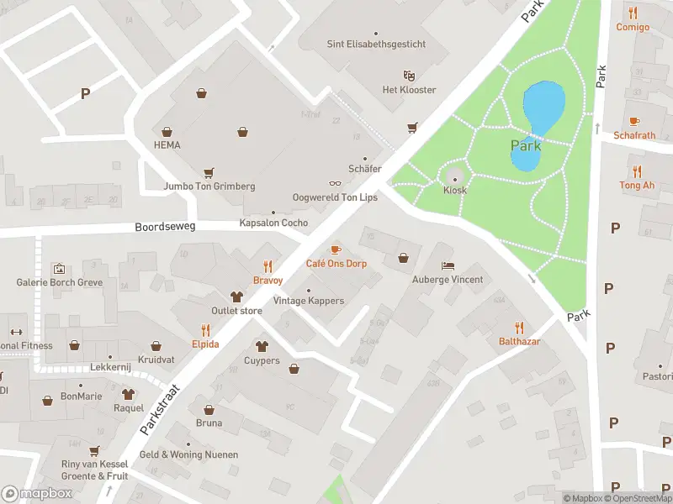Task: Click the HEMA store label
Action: click(167, 144)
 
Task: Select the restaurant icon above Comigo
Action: click(633, 13)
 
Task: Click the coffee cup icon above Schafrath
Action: click(634, 121)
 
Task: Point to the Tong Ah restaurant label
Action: click(636, 185)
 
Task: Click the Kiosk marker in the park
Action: click(455, 177)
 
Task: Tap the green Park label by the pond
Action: click(526, 145)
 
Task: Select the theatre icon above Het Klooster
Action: click(409, 76)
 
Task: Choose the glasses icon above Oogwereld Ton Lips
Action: click(335, 183)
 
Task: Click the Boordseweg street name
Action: click(164, 227)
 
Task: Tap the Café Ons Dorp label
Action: click(336, 263)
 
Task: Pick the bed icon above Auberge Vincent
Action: click(447, 265)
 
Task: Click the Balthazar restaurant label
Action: click(519, 341)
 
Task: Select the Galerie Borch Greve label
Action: click(60, 282)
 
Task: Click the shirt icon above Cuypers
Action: click(262, 346)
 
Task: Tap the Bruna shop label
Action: click(209, 423)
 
